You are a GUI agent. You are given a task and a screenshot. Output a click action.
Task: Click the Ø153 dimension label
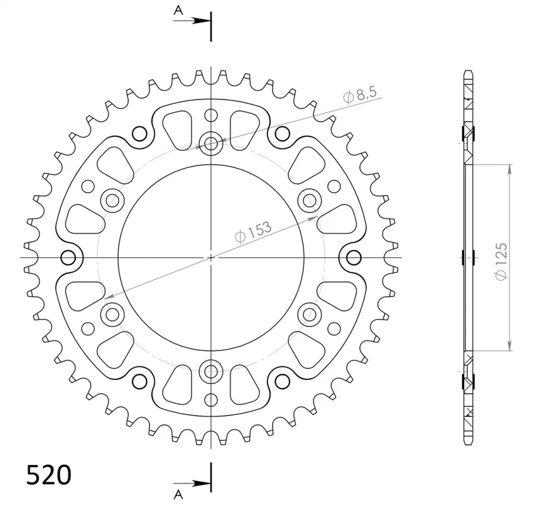pos(253,232)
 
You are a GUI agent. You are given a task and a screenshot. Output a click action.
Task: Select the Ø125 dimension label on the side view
pos(501,261)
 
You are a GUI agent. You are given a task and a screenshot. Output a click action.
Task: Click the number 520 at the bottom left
pos(49,475)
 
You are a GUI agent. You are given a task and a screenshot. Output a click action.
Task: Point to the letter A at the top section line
pos(178,11)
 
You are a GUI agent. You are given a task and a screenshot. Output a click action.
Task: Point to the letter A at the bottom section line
pos(178,494)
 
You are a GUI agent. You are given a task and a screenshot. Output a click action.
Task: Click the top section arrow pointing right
pos(192,21)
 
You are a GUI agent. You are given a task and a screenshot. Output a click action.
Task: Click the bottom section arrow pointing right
pos(192,484)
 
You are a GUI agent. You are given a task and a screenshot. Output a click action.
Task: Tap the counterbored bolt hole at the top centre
pos(211,143)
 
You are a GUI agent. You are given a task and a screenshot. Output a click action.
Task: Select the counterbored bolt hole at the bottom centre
pos(211,371)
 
